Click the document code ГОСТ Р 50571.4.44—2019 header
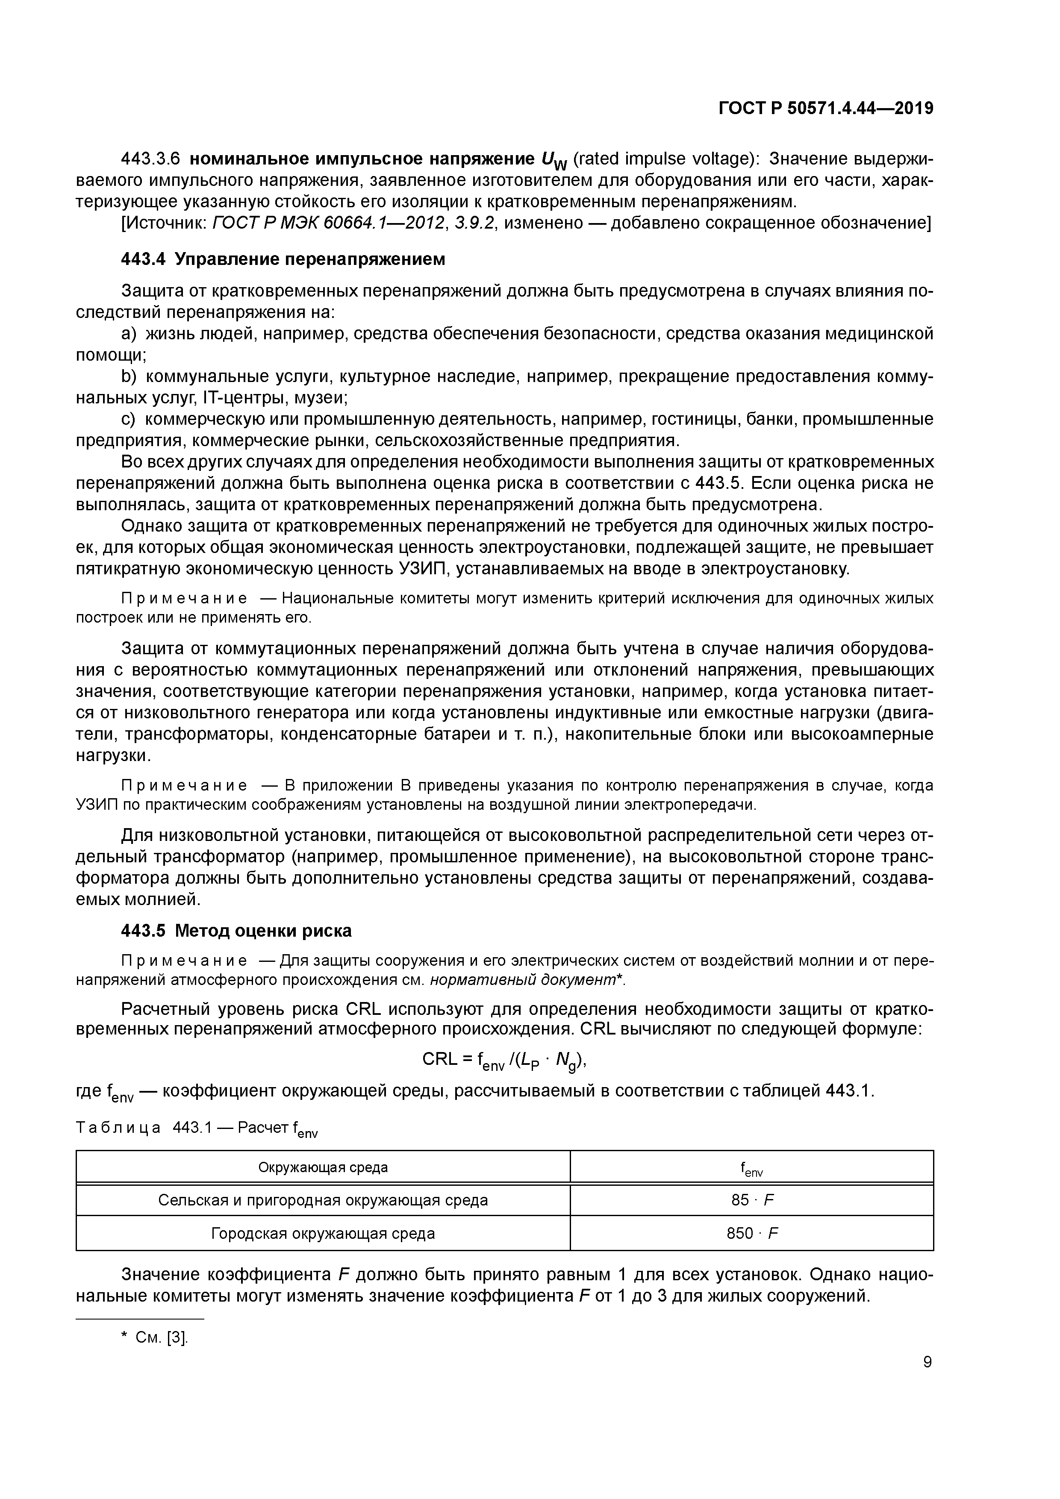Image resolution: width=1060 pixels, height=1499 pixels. (825, 109)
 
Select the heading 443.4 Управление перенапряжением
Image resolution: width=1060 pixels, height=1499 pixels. (283, 259)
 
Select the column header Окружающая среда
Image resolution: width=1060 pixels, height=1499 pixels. (323, 1167)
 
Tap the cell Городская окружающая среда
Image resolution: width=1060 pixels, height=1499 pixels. (323, 1233)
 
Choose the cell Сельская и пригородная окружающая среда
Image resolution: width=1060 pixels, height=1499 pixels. (323, 1200)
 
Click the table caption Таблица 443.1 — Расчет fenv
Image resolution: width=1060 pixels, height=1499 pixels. (197, 1129)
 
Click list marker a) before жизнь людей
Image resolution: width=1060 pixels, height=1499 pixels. (129, 334)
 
